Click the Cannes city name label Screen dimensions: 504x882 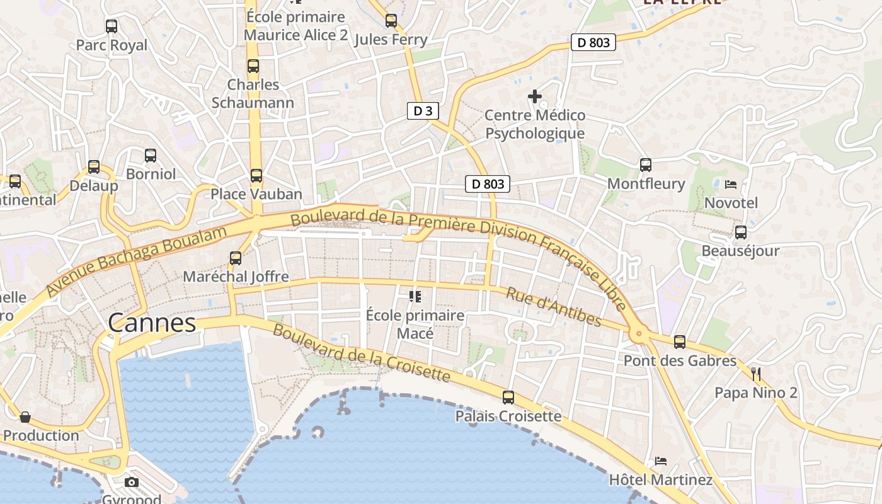click(152, 323)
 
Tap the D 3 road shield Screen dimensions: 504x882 click(422, 112)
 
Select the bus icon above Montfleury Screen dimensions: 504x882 click(646, 165)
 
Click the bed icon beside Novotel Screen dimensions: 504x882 click(731, 185)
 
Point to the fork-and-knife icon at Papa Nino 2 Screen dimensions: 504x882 click(756, 374)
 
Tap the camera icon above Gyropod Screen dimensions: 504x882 click(132, 483)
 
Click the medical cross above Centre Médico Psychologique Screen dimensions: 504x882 click(535, 96)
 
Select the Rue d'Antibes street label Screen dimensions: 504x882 click(554, 307)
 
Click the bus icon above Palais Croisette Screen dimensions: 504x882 click(508, 398)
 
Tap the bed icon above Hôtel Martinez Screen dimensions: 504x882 click(661, 461)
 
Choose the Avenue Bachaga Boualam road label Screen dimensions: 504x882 click(136, 261)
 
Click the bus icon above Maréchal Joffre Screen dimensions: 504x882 click(236, 258)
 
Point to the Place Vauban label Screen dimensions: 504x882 click(256, 194)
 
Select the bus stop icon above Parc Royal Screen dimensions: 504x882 click(112, 26)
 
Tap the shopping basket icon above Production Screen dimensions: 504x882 click(25, 417)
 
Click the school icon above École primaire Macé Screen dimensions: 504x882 click(415, 295)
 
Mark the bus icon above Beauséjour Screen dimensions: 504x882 click(741, 232)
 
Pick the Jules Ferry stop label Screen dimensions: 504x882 click(391, 40)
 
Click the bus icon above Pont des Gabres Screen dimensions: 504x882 click(680, 342)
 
